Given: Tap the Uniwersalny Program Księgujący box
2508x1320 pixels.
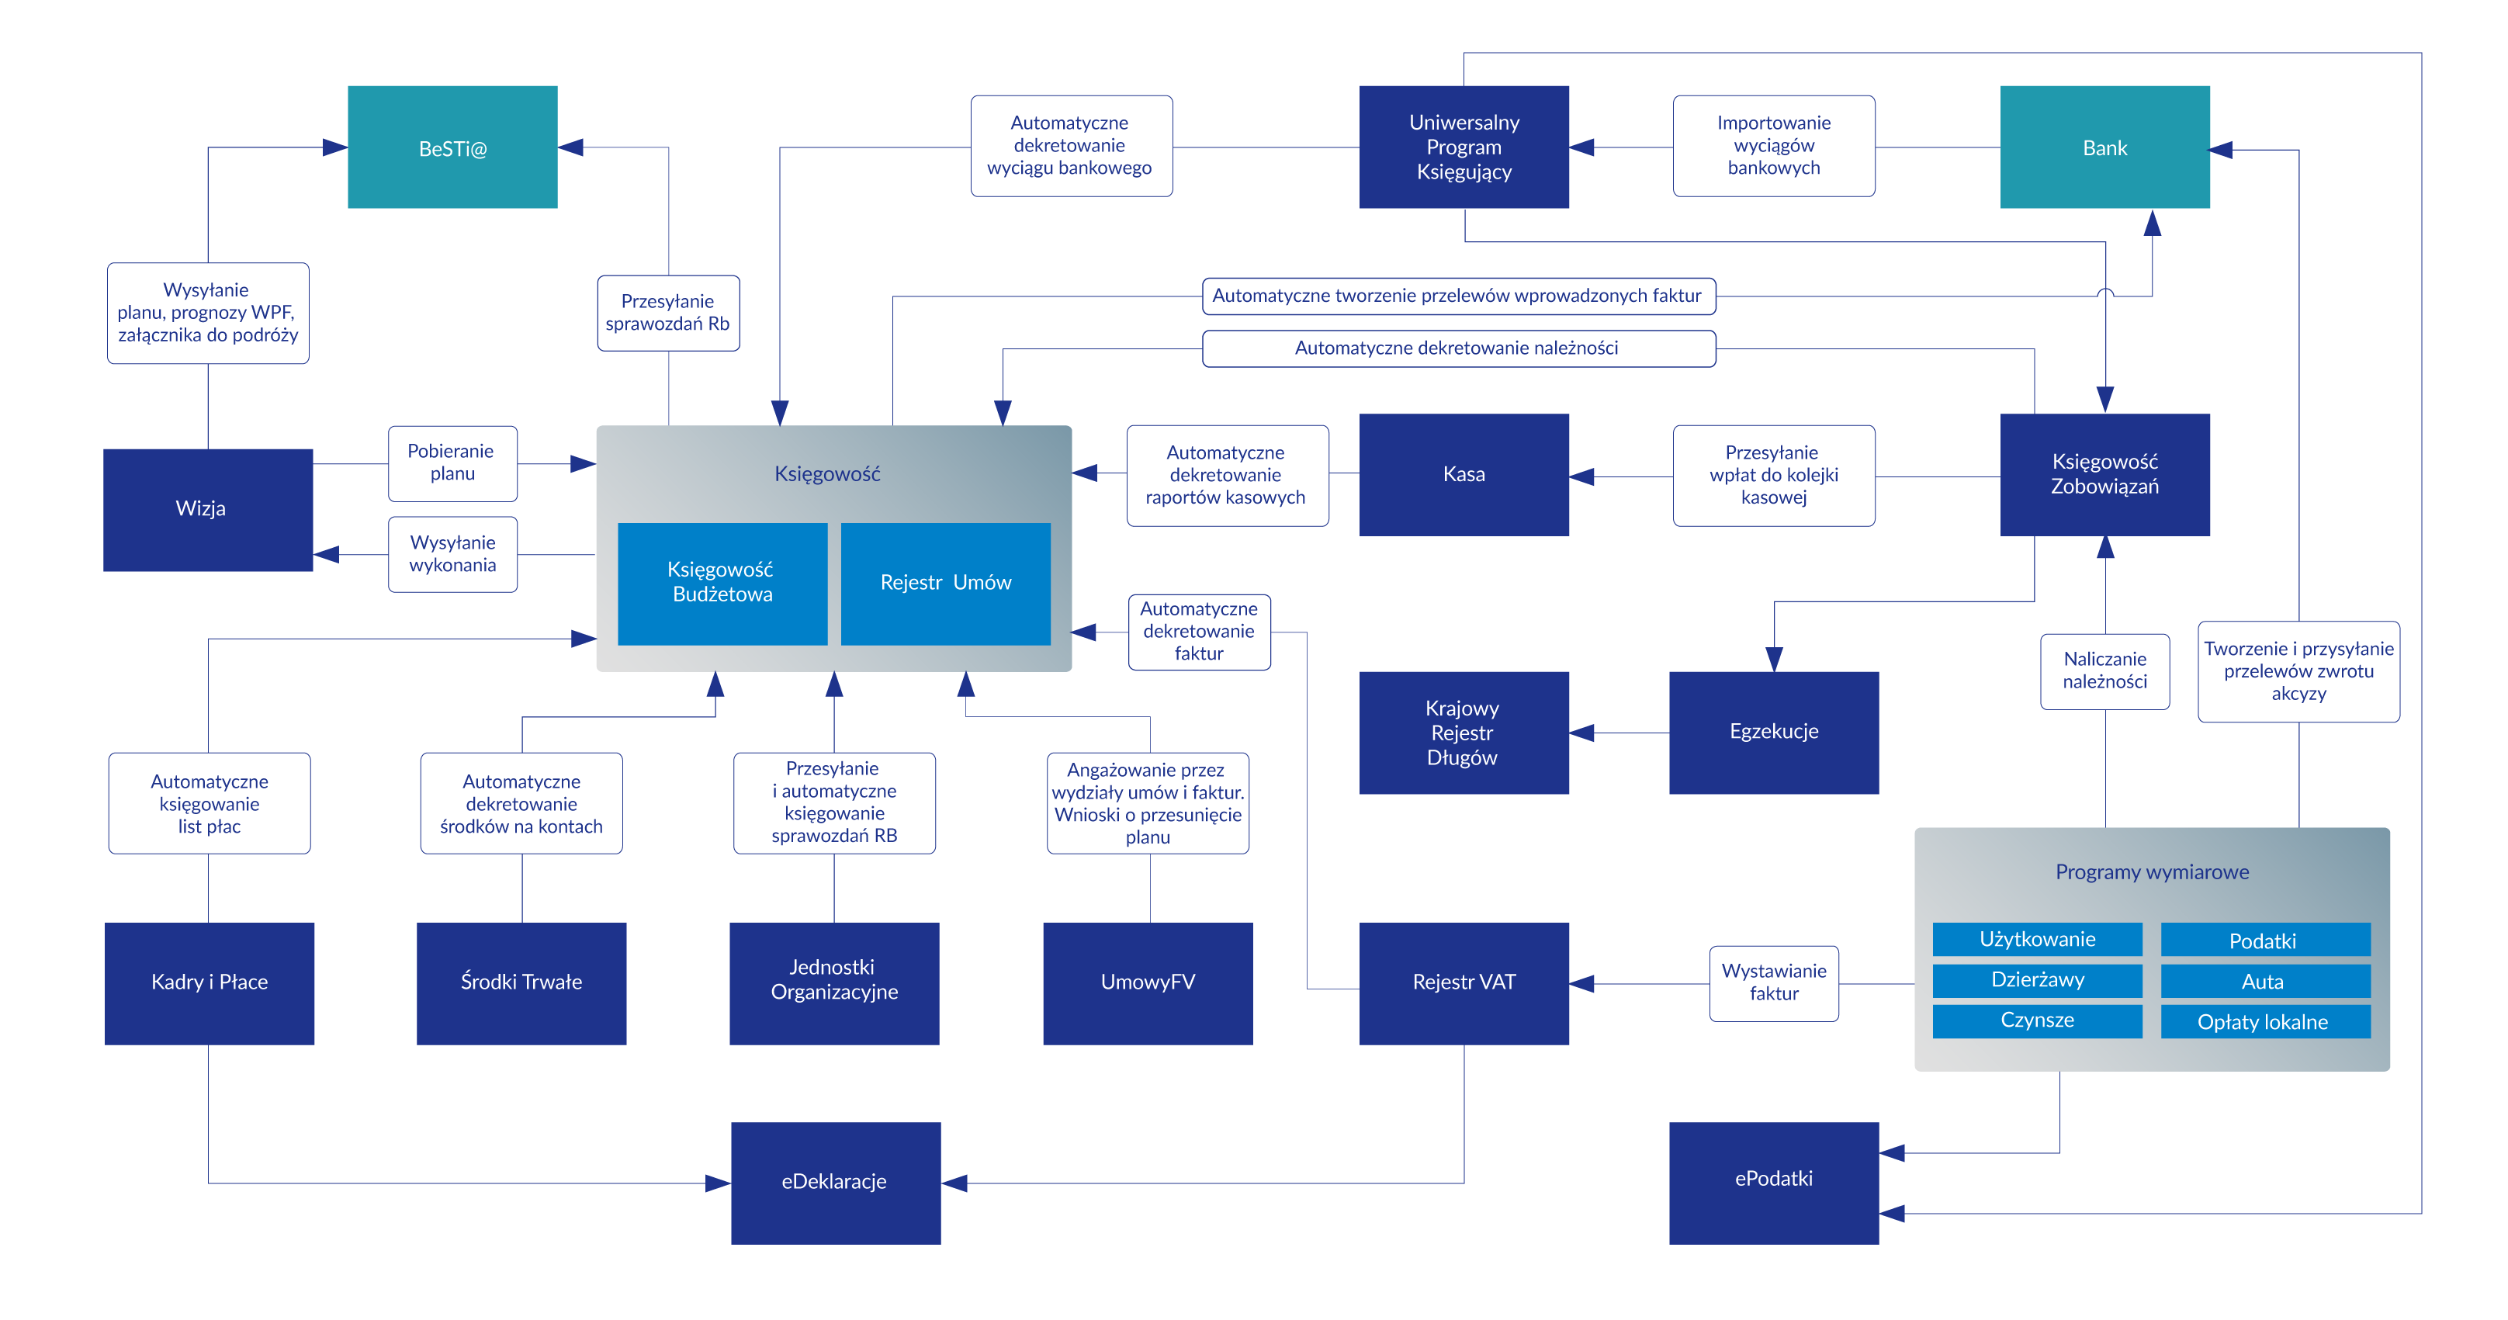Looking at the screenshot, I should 1464,147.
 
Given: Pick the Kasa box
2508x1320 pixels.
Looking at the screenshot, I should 1464,474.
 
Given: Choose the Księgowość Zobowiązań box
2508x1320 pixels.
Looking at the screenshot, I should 2105,474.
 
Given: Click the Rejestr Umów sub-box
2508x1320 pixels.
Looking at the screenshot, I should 945,583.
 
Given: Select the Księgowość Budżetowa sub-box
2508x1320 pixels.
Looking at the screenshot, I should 722,583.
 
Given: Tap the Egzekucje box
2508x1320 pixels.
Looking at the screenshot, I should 1773,732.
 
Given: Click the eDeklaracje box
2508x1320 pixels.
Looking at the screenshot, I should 835,1182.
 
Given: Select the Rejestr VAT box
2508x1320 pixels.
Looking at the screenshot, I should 1464,983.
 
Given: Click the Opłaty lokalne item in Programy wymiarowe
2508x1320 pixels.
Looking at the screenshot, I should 2264,1022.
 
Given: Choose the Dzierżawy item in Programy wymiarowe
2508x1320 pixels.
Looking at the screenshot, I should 2037,980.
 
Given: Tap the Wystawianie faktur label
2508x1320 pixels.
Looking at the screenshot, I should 1774,983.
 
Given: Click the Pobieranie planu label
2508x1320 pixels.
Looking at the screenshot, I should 452,463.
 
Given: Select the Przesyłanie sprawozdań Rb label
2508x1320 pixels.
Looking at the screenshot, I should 668,313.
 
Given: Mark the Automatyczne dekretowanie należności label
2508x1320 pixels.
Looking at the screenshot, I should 1457,348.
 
